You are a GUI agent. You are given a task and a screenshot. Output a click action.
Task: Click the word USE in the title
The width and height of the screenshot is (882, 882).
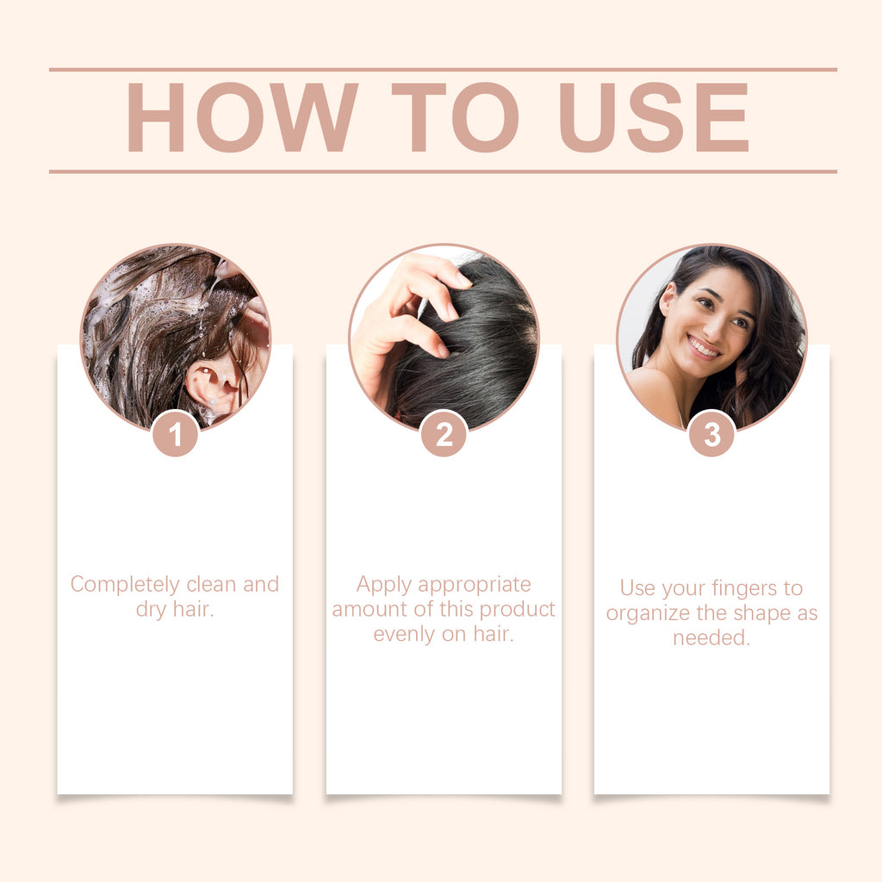click(x=654, y=119)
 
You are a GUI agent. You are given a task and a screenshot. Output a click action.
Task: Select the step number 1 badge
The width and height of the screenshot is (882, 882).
click(x=176, y=434)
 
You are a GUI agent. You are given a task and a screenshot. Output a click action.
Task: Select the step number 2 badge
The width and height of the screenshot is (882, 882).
click(x=444, y=434)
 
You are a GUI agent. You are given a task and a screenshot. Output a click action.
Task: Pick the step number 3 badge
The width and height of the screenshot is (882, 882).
click(x=711, y=434)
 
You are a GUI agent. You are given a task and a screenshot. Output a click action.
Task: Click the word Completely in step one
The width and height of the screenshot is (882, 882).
click(x=126, y=585)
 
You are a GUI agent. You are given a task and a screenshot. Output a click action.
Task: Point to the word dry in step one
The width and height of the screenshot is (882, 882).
click(x=150, y=611)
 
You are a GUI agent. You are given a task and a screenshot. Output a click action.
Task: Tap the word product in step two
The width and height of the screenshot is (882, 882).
click(x=517, y=610)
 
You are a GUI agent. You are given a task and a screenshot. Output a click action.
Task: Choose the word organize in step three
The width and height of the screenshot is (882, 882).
click(x=643, y=613)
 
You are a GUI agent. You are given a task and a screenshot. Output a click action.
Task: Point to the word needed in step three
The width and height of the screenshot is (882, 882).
click(x=711, y=638)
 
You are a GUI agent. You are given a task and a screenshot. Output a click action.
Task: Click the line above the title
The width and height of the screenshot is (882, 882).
click(x=443, y=69)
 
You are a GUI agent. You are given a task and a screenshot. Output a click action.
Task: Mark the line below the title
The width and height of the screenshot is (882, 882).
click(x=443, y=171)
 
